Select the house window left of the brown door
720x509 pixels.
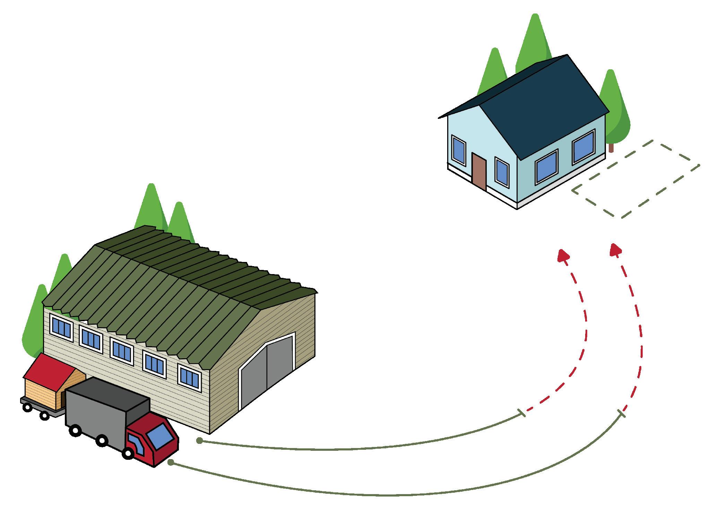458,150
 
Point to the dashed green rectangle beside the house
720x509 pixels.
636,179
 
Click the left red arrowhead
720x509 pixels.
563,256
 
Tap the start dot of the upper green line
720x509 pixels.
199,441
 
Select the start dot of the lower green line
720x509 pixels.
171,462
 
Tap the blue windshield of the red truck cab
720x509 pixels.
161,437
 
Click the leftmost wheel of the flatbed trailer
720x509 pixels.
27,407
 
